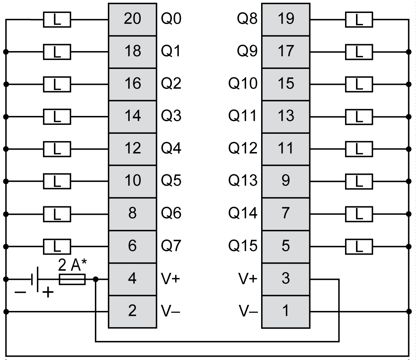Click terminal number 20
[x=132, y=19]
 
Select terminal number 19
[x=285, y=19]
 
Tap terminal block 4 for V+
[x=132, y=279]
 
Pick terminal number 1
[x=285, y=311]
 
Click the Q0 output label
[x=171, y=19]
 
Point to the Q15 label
[x=242, y=246]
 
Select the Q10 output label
[x=242, y=84]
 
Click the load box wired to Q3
[x=57, y=117]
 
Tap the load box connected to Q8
[x=358, y=19]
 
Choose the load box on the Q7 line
[x=57, y=246]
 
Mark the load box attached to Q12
[x=358, y=149]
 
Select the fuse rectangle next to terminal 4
[x=73, y=279]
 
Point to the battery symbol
[x=35, y=279]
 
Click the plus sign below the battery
[x=48, y=292]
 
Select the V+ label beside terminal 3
[x=247, y=279]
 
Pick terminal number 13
[x=285, y=116]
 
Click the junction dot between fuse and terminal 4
[x=95, y=279]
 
